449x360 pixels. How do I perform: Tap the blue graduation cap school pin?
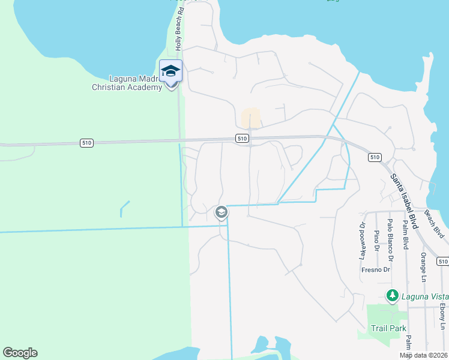(x=170, y=71)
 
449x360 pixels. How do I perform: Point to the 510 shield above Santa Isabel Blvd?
(x=375, y=157)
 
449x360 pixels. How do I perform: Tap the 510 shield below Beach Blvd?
(x=443, y=261)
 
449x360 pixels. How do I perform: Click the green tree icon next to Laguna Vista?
(x=392, y=295)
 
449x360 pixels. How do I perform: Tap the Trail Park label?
(x=388, y=328)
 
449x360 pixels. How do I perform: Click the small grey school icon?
(x=221, y=212)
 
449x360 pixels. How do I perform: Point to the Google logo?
(x=20, y=353)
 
